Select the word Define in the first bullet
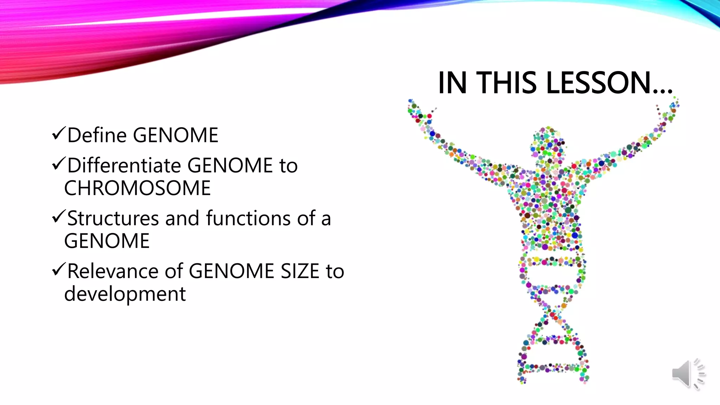(x=97, y=135)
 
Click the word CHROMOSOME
(x=137, y=188)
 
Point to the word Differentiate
(x=124, y=165)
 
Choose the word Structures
(x=113, y=218)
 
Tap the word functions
(x=248, y=218)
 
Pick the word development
(x=125, y=294)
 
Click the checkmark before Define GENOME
(x=58, y=134)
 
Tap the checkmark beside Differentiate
(x=58, y=164)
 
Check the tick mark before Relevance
(x=58, y=270)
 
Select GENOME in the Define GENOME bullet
(x=176, y=135)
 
